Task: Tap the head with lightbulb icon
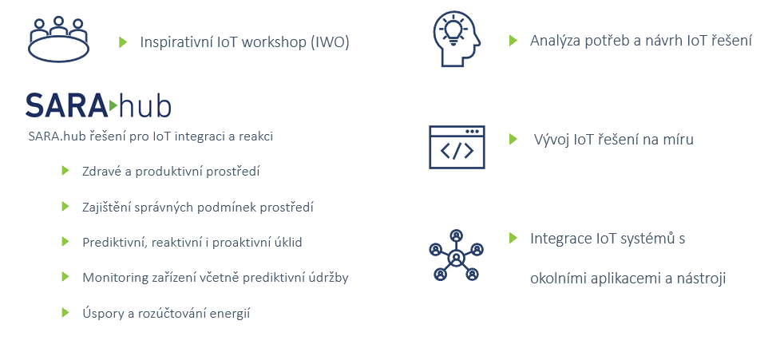click(x=457, y=39)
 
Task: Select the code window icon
click(x=457, y=147)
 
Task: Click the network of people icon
click(x=457, y=255)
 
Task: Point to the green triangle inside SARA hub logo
click(x=113, y=105)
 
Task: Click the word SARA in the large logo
click(x=66, y=105)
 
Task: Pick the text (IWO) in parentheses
click(x=330, y=42)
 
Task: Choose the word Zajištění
click(x=106, y=208)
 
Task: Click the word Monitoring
click(x=108, y=278)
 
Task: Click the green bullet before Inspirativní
click(x=123, y=42)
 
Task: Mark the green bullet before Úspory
click(x=65, y=312)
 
